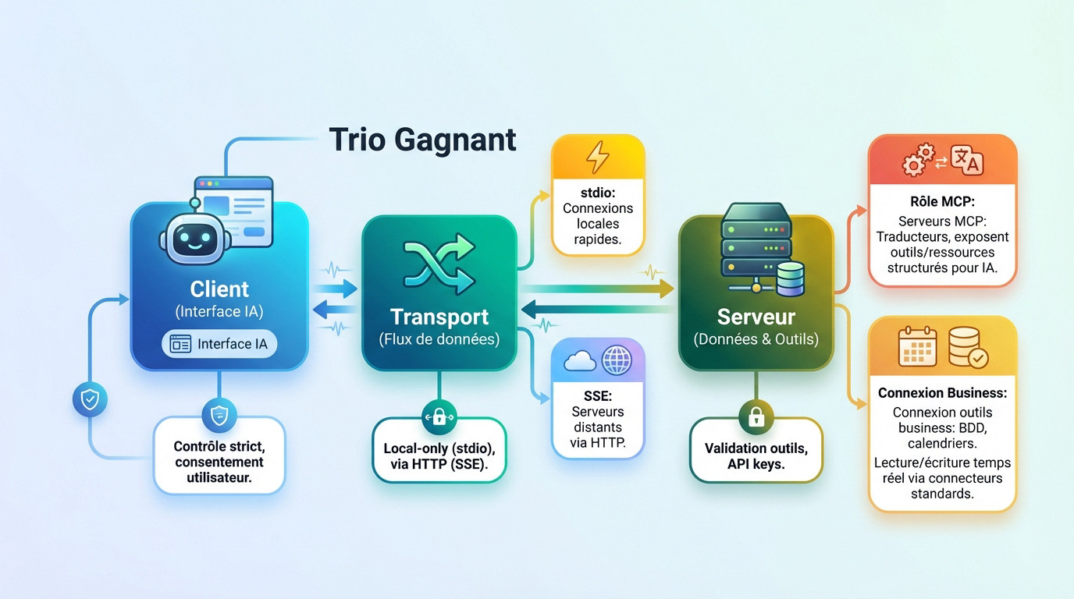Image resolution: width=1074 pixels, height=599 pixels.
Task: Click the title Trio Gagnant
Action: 422,140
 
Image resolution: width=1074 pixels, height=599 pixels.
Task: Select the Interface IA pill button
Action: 219,344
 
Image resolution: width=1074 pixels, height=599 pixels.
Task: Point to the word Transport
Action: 439,317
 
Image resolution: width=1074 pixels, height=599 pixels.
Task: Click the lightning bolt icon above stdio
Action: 598,158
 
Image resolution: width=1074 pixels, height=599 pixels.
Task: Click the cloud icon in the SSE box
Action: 579,360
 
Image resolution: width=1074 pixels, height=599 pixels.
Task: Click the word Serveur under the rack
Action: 756,317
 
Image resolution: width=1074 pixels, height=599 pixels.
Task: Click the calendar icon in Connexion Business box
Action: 917,347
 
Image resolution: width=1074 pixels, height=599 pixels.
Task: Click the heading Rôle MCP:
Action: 942,202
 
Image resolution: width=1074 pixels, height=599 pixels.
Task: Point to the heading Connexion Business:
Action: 942,393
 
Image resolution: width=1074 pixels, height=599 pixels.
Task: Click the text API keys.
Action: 756,464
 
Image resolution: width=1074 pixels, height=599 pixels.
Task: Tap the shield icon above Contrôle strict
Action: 219,416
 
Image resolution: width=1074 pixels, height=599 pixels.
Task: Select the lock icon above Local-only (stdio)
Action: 439,417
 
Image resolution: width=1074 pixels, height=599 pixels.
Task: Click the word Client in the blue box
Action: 219,289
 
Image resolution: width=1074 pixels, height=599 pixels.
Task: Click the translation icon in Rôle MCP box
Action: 966,161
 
